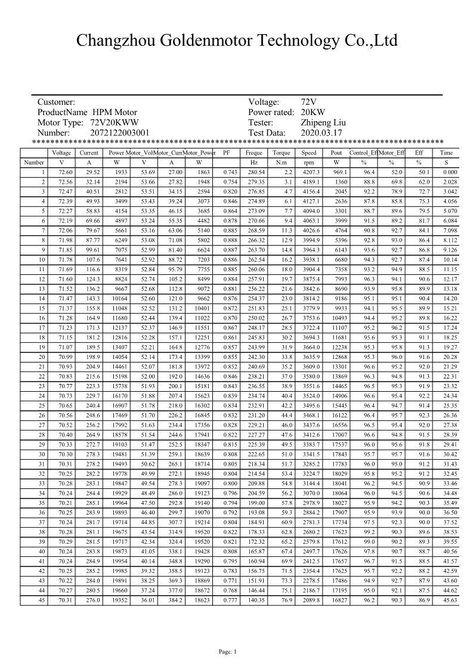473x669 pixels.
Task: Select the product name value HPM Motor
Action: click(115, 112)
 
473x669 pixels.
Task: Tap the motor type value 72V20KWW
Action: click(113, 123)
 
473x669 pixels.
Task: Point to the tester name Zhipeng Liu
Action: click(323, 123)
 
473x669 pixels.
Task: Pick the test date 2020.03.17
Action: click(321, 133)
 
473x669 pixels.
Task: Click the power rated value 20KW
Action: click(313, 112)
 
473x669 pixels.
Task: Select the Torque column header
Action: click(282, 153)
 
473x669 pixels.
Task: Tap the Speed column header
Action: click(309, 153)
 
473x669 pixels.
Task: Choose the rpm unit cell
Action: click(309, 162)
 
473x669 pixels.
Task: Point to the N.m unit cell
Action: click(282, 162)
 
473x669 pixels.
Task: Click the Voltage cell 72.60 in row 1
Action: click(62, 172)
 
